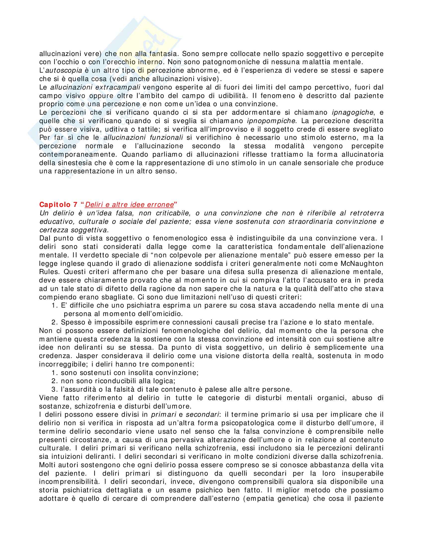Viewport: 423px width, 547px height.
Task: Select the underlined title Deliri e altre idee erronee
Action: click(x=129, y=205)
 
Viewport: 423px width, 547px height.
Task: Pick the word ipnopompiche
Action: click(x=271, y=121)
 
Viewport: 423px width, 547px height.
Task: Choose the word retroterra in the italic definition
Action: click(x=367, y=213)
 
